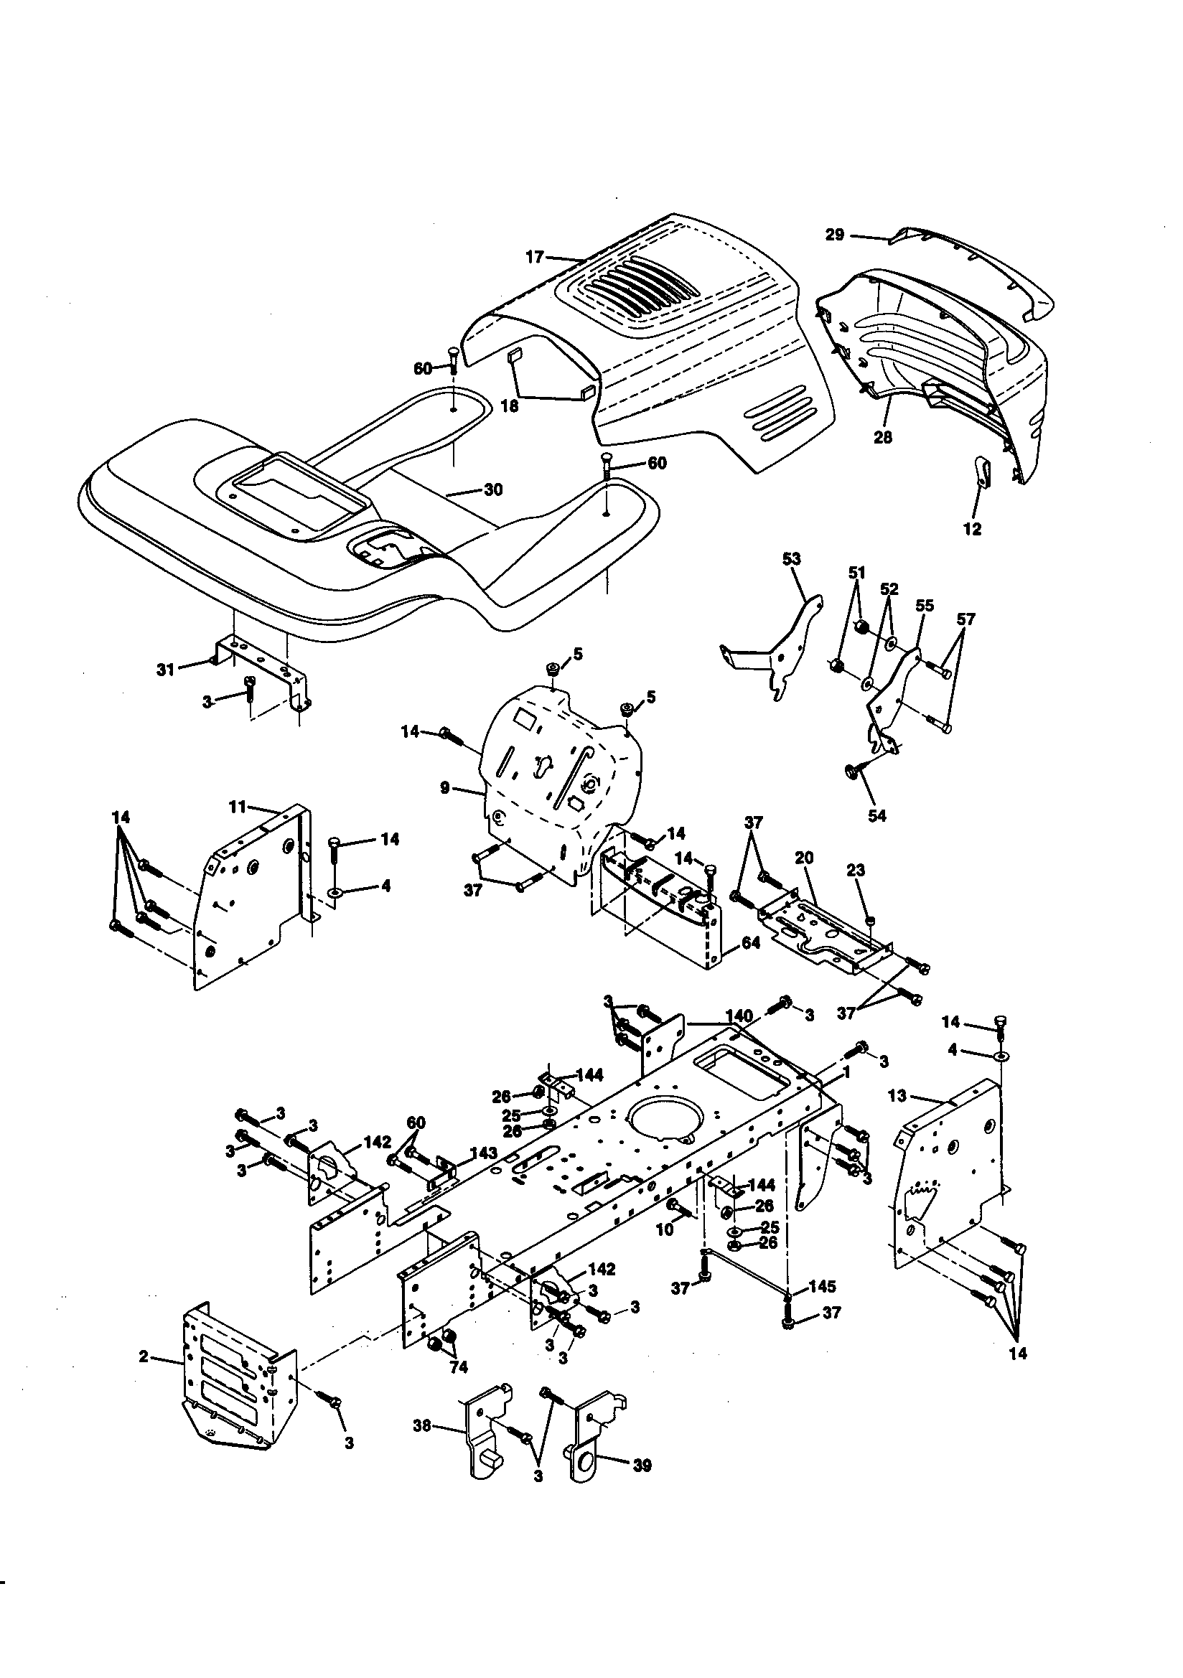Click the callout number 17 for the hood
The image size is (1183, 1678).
[535, 256]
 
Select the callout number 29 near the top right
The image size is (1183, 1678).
[834, 235]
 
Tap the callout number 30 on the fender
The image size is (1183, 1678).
[494, 489]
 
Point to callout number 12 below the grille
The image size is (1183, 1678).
[972, 529]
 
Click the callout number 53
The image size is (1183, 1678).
[791, 558]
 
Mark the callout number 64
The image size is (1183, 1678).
[751, 943]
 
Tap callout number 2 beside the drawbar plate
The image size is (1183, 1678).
[144, 1356]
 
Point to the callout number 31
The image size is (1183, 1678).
[165, 668]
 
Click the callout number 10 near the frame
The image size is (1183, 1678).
[664, 1230]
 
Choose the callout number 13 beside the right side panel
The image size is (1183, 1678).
[897, 1095]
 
